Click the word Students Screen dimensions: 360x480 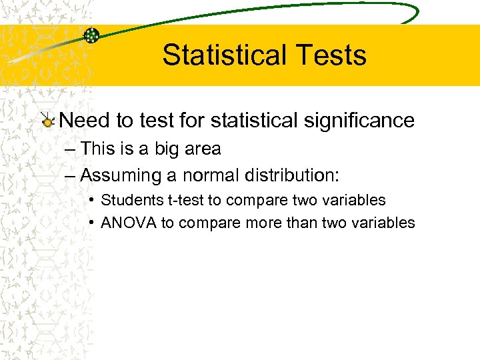(129, 200)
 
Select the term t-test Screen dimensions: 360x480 (182, 200)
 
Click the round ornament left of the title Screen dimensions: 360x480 (91, 36)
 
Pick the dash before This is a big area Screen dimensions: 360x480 (71, 149)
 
